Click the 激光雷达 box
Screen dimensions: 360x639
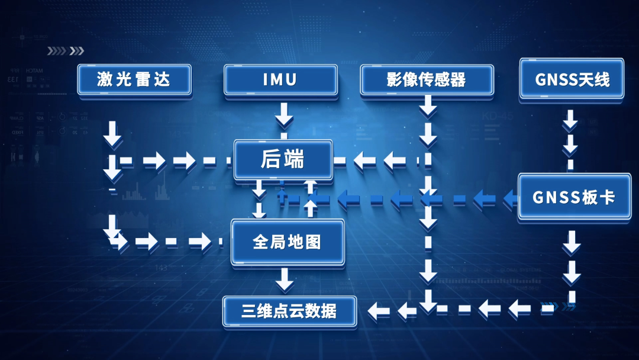[134, 80]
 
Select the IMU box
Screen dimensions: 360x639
[280, 80]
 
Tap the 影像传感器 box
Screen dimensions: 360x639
[427, 80]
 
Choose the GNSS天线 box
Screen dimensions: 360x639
[572, 79]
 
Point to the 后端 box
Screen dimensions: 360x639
[282, 159]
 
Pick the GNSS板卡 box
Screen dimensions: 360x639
[574, 197]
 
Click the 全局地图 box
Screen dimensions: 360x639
[287, 242]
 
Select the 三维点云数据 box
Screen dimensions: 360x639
[289, 311]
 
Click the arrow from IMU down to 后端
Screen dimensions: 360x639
[285, 114]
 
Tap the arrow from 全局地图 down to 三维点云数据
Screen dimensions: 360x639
[285, 279]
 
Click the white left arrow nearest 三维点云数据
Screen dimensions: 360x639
[379, 310]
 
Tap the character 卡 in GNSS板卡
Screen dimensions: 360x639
[606, 197]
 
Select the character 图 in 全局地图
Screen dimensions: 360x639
[313, 242]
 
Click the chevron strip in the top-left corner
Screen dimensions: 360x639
[65, 51]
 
